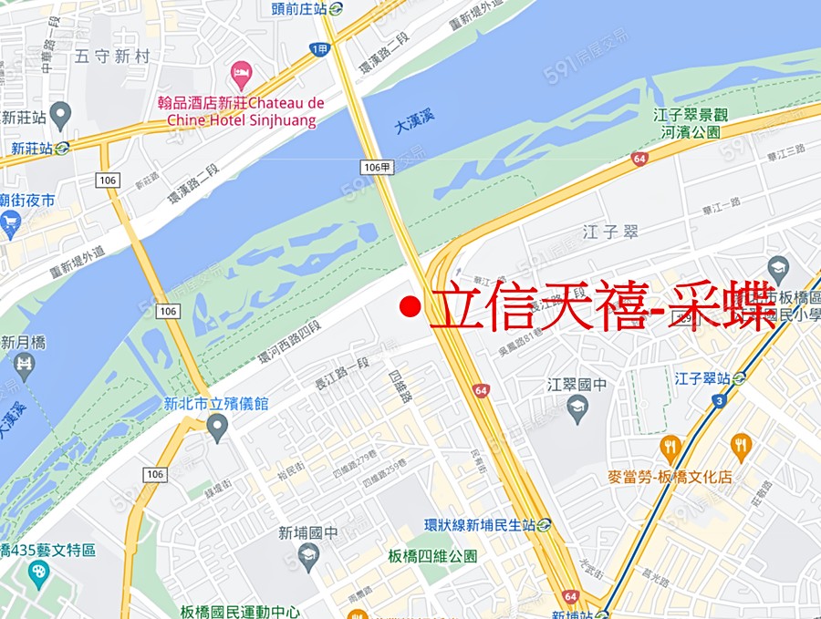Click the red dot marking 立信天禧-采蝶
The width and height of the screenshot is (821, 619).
[x=411, y=307]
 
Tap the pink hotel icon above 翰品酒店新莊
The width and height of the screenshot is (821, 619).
[x=241, y=71]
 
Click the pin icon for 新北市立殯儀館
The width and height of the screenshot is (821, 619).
[x=216, y=426]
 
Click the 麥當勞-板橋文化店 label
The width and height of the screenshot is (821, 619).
[x=670, y=477]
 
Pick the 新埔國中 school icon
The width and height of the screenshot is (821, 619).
[x=308, y=556]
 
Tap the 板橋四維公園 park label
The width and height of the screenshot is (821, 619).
[x=432, y=556]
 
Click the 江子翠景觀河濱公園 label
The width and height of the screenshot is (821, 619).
[x=691, y=123]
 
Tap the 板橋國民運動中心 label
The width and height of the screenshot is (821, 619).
[x=240, y=612]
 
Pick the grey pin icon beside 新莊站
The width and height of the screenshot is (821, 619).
[x=60, y=116]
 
